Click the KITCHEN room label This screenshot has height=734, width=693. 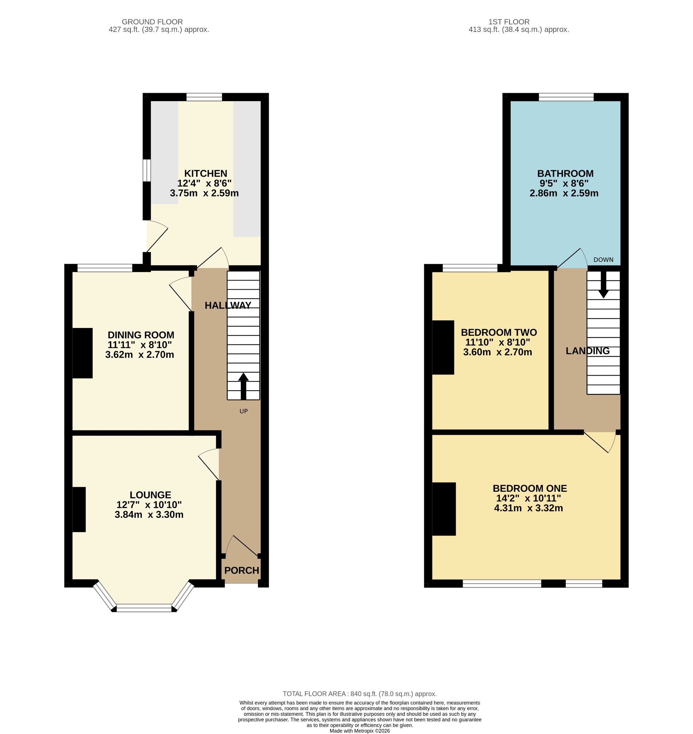206,173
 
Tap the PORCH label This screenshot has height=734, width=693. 242,570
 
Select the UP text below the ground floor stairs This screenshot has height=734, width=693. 243,411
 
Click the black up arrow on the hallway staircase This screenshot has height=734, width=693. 243,386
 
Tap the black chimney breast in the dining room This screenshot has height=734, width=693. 82,353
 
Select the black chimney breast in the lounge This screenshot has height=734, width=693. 79,509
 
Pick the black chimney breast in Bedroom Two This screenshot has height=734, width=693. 443,347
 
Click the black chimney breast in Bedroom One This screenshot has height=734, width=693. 444,509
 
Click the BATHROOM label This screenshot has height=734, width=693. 565,173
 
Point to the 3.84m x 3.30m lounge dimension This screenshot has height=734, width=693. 149,515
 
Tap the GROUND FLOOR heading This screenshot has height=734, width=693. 152,22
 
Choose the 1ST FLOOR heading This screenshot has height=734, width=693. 509,22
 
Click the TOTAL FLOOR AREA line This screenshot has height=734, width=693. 360,694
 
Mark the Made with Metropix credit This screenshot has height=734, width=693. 360,731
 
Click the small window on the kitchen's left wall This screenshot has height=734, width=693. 147,170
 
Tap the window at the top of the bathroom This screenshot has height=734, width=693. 566,97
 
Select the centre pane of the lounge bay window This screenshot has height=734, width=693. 144,608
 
